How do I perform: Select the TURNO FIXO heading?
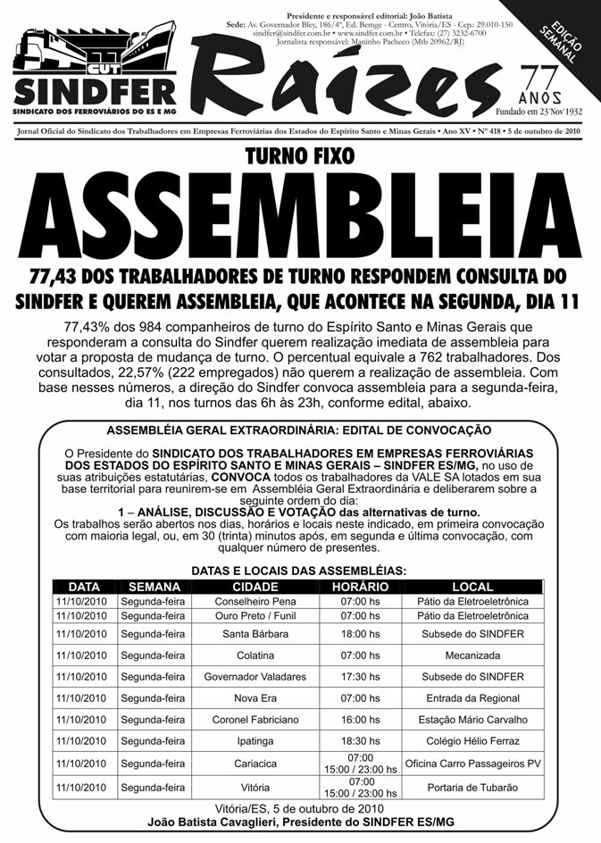(300, 157)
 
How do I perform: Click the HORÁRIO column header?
(360, 587)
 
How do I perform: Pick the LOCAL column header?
(472, 587)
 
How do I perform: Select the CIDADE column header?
(255, 587)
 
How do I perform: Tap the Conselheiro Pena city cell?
(255, 602)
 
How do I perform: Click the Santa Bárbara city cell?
(255, 633)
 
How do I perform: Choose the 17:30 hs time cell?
(360, 676)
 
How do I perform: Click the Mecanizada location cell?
(472, 655)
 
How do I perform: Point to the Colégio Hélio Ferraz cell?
(472, 741)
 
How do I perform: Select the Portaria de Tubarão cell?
(472, 787)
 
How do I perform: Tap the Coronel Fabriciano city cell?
(255, 720)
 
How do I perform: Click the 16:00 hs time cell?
(360, 720)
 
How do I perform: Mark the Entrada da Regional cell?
(472, 697)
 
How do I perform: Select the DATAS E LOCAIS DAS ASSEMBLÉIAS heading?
(300, 570)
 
